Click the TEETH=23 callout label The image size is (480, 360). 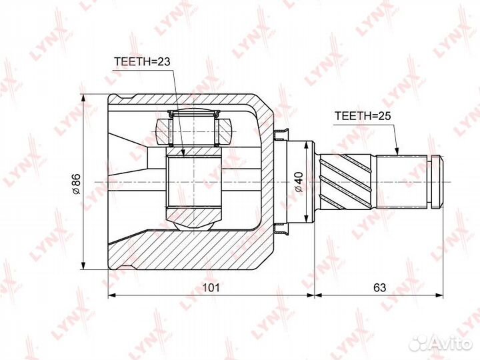coord(142,61)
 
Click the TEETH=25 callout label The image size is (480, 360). coord(363,116)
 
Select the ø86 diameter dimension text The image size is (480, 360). coord(75,184)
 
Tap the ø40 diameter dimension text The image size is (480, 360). coord(299,182)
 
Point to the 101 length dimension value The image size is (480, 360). coord(211,287)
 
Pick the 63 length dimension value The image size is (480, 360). coord(379,287)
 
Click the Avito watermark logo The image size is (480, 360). coord(441,343)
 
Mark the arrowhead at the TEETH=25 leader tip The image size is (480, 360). coord(397,151)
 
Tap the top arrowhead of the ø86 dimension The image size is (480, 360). coord(83,98)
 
